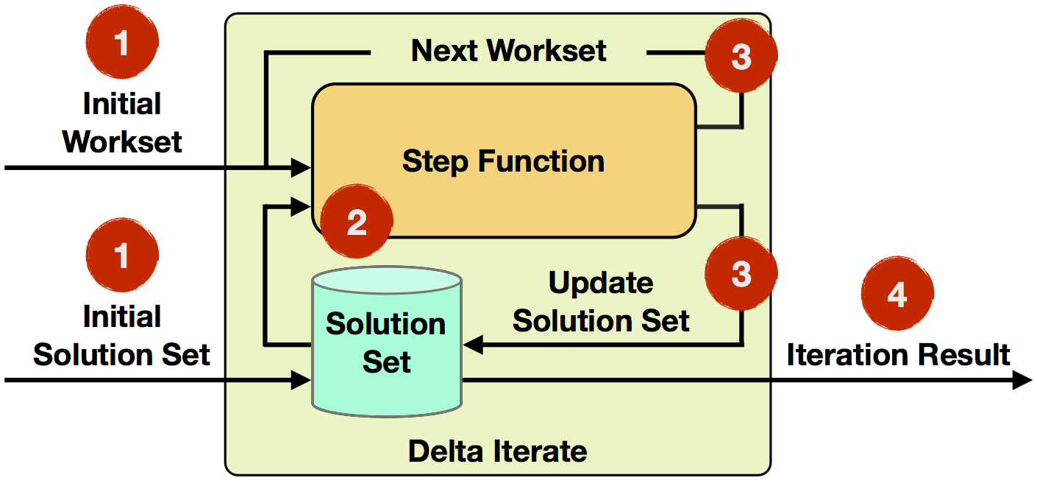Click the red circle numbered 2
coord(357,222)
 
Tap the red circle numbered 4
coord(897,293)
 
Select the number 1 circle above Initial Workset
coord(122,42)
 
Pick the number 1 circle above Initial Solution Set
coord(122,255)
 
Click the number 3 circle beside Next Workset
coord(741,56)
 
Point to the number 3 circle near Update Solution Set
coord(741,273)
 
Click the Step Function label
coord(503,161)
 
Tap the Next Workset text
coord(508,51)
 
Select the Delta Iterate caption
coord(497,451)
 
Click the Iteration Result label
coord(898,354)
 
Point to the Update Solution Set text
coord(601,301)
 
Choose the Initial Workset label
coord(122,122)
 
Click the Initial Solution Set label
coord(122,335)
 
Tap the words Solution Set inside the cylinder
coord(385,342)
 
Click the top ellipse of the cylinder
coord(387,280)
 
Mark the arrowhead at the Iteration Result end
coord(1022,380)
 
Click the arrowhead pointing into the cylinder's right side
coord(473,345)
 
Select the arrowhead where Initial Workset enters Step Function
coord(301,167)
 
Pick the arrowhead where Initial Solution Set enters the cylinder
coord(301,380)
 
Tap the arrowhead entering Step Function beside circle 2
coord(301,206)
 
